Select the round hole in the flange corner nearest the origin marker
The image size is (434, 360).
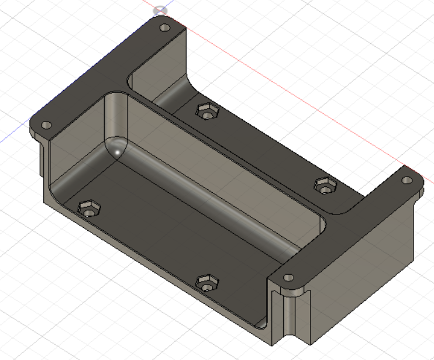[x=164, y=27]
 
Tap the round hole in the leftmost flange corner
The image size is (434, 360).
[x=46, y=125]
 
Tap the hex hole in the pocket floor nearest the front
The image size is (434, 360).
[x=205, y=282]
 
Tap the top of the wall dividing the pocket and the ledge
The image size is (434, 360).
[x=234, y=155]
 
